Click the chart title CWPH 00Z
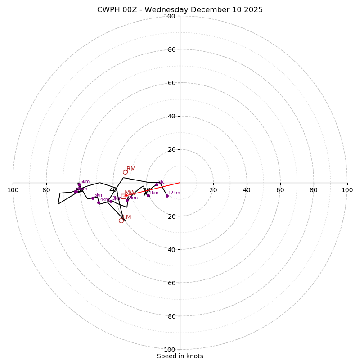click(180, 10)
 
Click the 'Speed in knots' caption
click(180, 356)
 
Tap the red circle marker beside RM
click(125, 172)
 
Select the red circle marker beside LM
click(121, 220)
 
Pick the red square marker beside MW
click(123, 196)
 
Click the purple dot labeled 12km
click(167, 196)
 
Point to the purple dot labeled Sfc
click(157, 184)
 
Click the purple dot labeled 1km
click(148, 195)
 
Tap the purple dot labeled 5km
click(93, 198)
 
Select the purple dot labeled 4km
click(99, 202)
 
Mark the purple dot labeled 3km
click(111, 201)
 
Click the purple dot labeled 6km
click(79, 184)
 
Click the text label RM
click(131, 169)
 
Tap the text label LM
click(127, 217)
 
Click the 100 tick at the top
click(170, 16)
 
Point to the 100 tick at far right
click(347, 190)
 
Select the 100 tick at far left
click(13, 190)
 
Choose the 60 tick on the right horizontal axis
click(280, 190)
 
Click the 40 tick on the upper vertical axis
click(171, 116)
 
